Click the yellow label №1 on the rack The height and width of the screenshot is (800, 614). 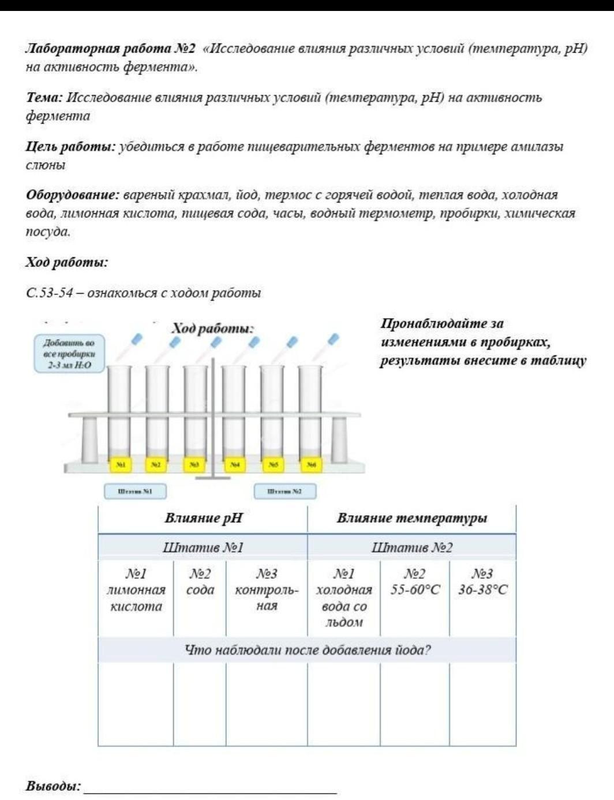[x=120, y=464]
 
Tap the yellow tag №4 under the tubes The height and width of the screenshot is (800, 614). [x=234, y=464]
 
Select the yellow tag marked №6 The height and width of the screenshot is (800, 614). [x=311, y=464]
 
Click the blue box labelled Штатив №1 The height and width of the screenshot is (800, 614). [x=135, y=491]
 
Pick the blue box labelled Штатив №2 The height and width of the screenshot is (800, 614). [x=285, y=491]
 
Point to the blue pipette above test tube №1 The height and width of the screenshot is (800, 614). [x=136, y=339]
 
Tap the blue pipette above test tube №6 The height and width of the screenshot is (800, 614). [x=332, y=339]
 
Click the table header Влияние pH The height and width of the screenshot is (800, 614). [x=203, y=518]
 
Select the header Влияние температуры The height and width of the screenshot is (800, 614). [x=411, y=518]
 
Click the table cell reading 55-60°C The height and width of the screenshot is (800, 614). [x=415, y=590]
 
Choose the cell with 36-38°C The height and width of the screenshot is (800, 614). [x=483, y=590]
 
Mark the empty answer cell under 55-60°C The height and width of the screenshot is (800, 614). [x=415, y=704]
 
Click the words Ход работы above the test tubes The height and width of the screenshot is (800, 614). [x=213, y=329]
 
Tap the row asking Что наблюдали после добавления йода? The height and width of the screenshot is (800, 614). [x=307, y=651]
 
